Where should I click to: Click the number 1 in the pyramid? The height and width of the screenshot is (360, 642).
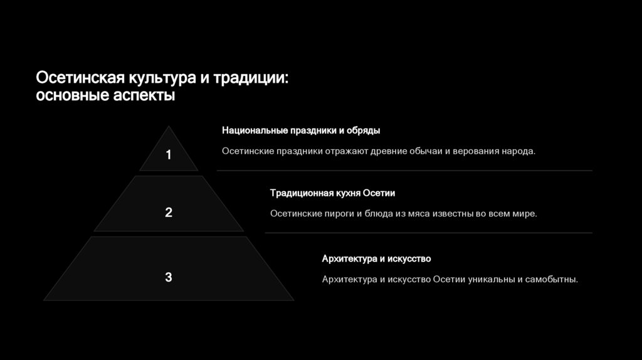168,155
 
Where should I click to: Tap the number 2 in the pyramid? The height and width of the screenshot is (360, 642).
168,213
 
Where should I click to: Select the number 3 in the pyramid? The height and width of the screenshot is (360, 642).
168,277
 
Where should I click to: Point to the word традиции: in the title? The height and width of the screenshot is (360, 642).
251,79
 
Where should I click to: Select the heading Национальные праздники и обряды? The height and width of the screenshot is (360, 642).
301,130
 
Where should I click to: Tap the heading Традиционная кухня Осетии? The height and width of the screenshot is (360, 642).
332,193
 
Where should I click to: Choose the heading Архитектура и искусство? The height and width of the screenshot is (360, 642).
376,258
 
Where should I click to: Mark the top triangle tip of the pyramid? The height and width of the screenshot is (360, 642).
168,128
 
